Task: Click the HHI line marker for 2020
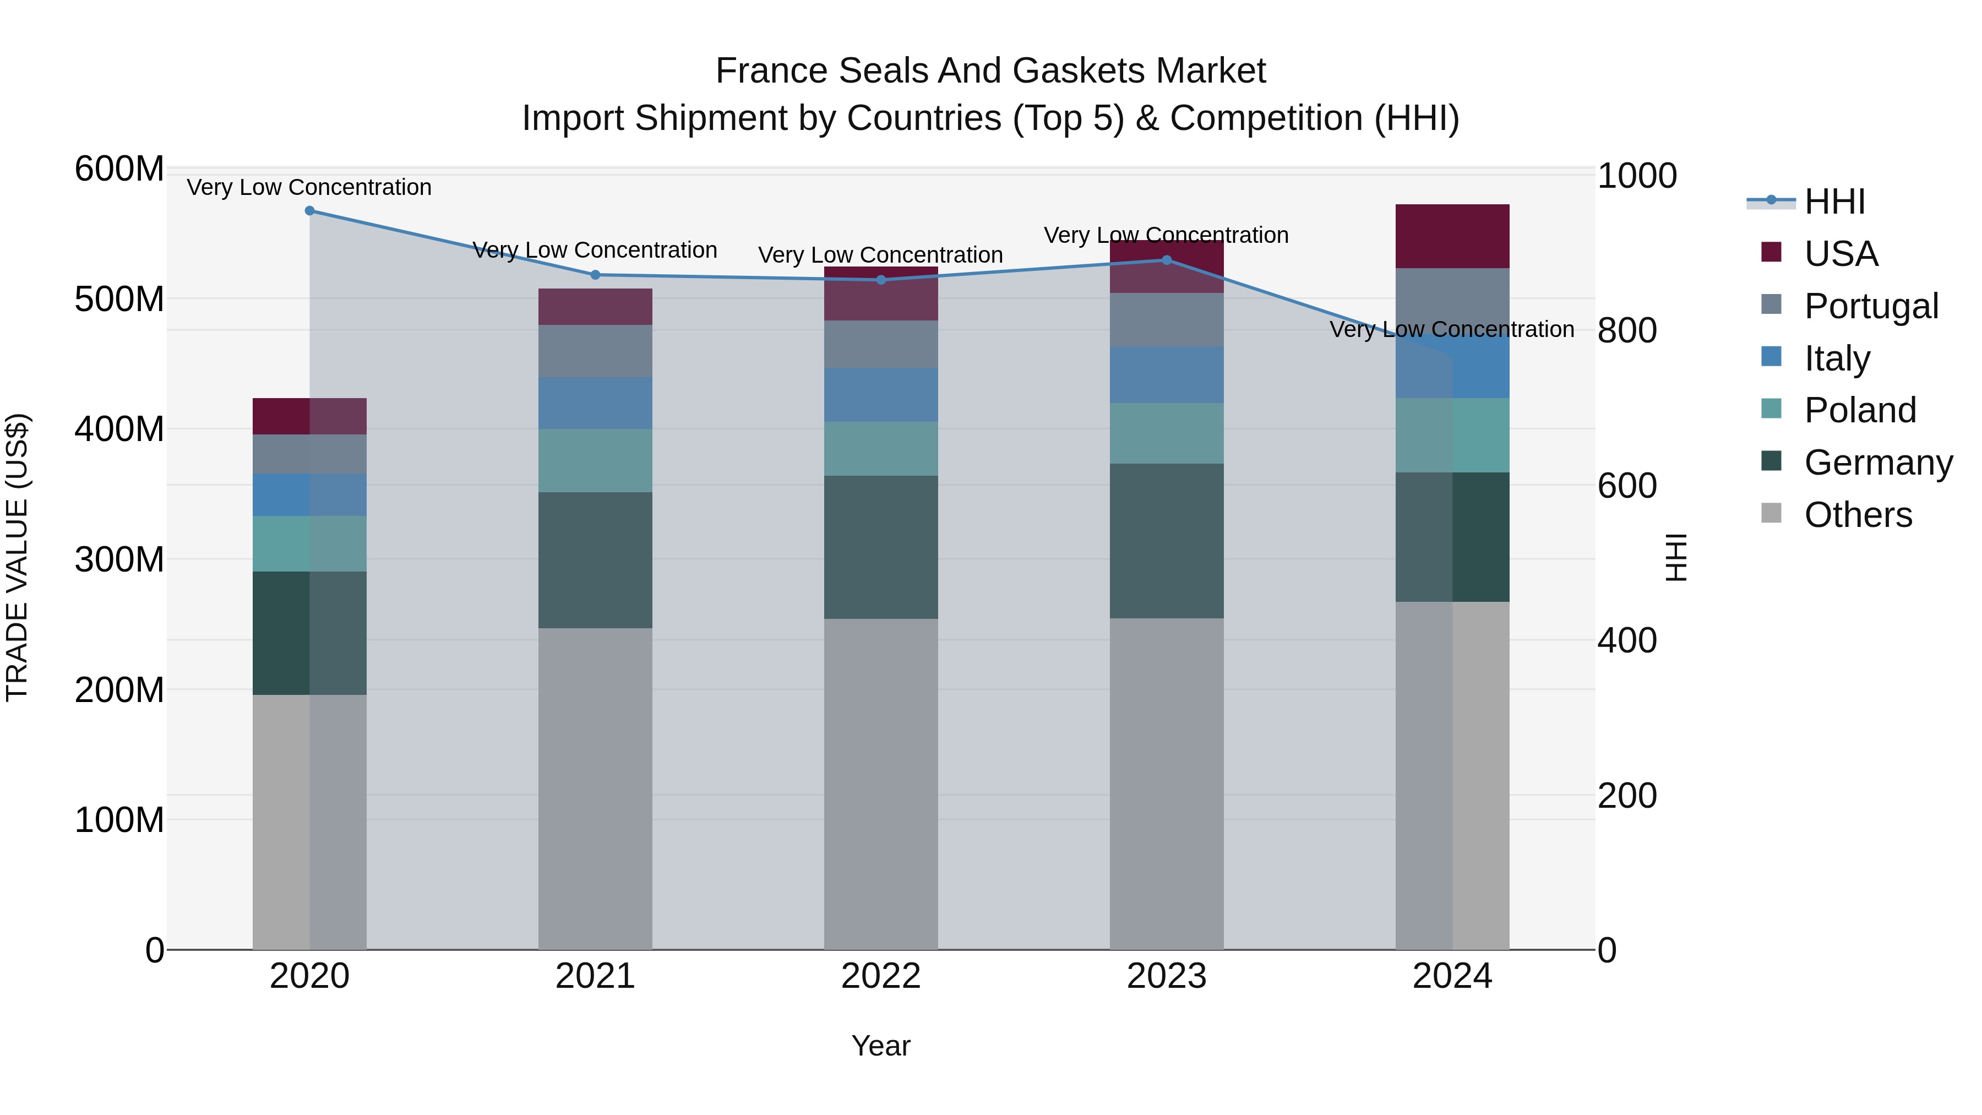pos(309,210)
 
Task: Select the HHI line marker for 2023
pos(1167,260)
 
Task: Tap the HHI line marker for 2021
pos(595,275)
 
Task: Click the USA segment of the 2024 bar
pos(1452,236)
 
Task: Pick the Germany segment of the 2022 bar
pos(880,547)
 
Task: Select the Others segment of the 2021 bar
pos(595,788)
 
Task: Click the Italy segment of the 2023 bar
pos(1167,375)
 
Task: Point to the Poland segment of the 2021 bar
pos(595,460)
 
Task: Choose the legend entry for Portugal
pos(1870,306)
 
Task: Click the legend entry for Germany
pos(1877,463)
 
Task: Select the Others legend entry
pos(1858,515)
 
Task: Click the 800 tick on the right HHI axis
pos(1626,331)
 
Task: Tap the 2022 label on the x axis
pos(880,976)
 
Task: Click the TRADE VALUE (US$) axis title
pos(18,558)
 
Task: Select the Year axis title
pos(880,1046)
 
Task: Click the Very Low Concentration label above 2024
pos(1451,329)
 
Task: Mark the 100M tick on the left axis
pos(119,820)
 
